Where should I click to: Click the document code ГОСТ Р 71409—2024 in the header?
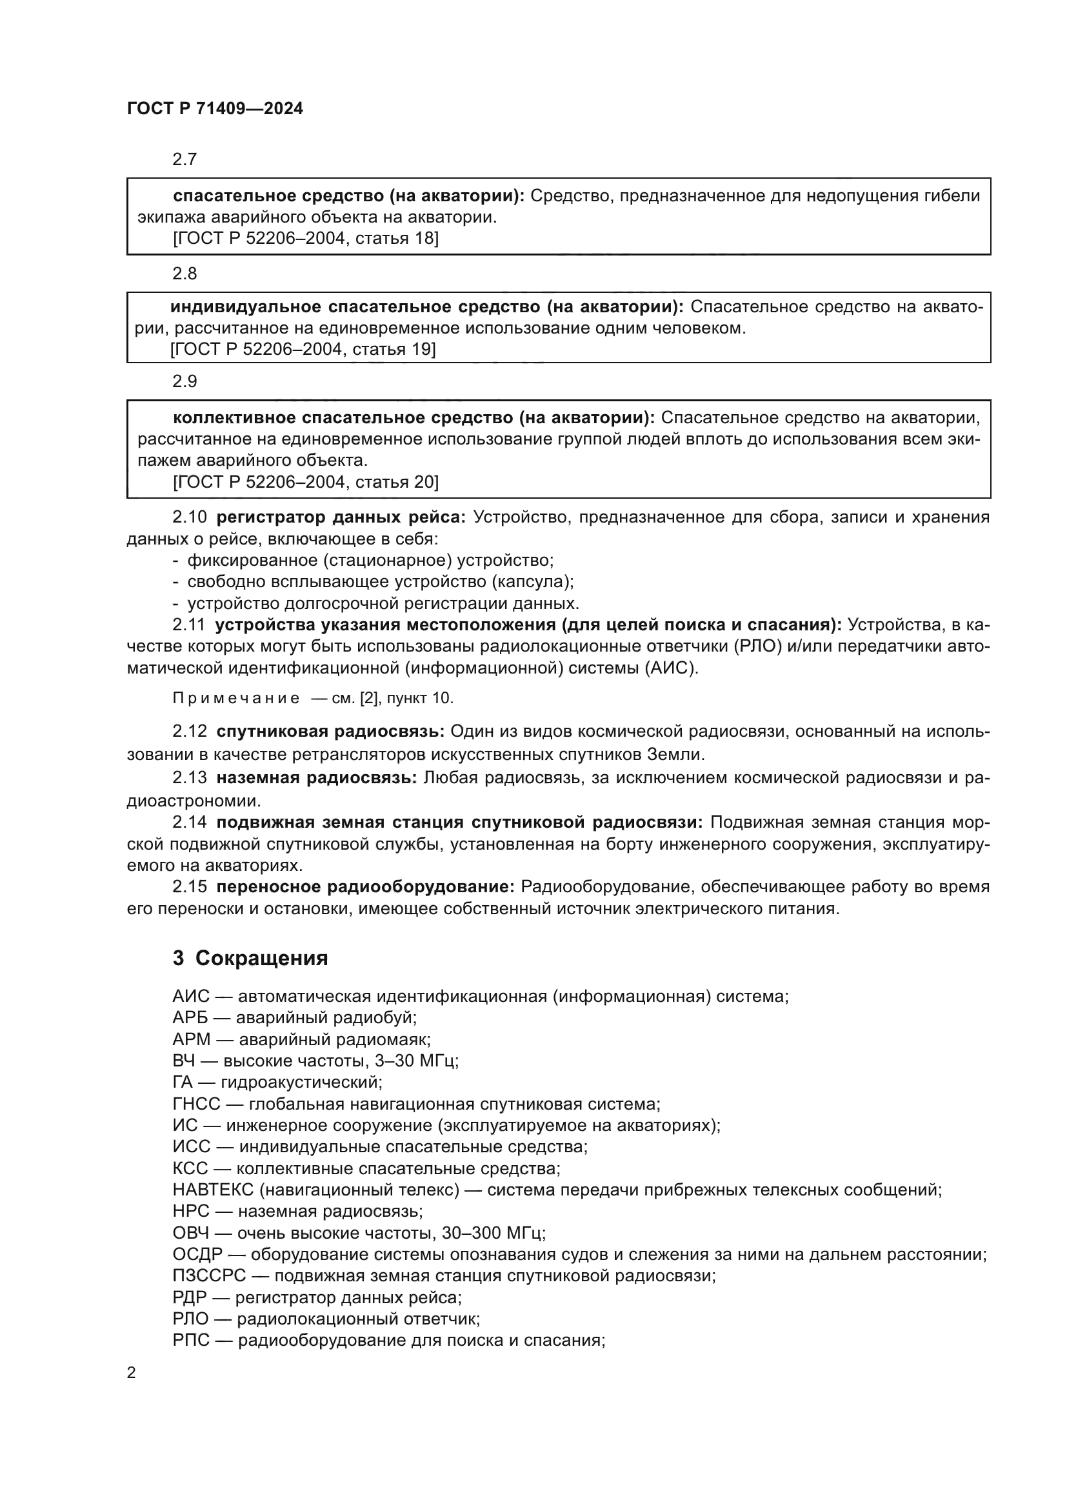215,109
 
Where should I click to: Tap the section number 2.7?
184,159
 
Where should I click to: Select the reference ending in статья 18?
306,238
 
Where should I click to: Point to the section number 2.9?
184,381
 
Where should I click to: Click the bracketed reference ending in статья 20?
306,482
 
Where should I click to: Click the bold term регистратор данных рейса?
341,517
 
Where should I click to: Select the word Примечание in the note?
236,698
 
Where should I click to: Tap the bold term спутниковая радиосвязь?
330,732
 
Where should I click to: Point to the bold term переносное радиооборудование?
365,886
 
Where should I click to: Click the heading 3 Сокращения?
250,958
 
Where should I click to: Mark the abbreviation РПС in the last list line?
191,1340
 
